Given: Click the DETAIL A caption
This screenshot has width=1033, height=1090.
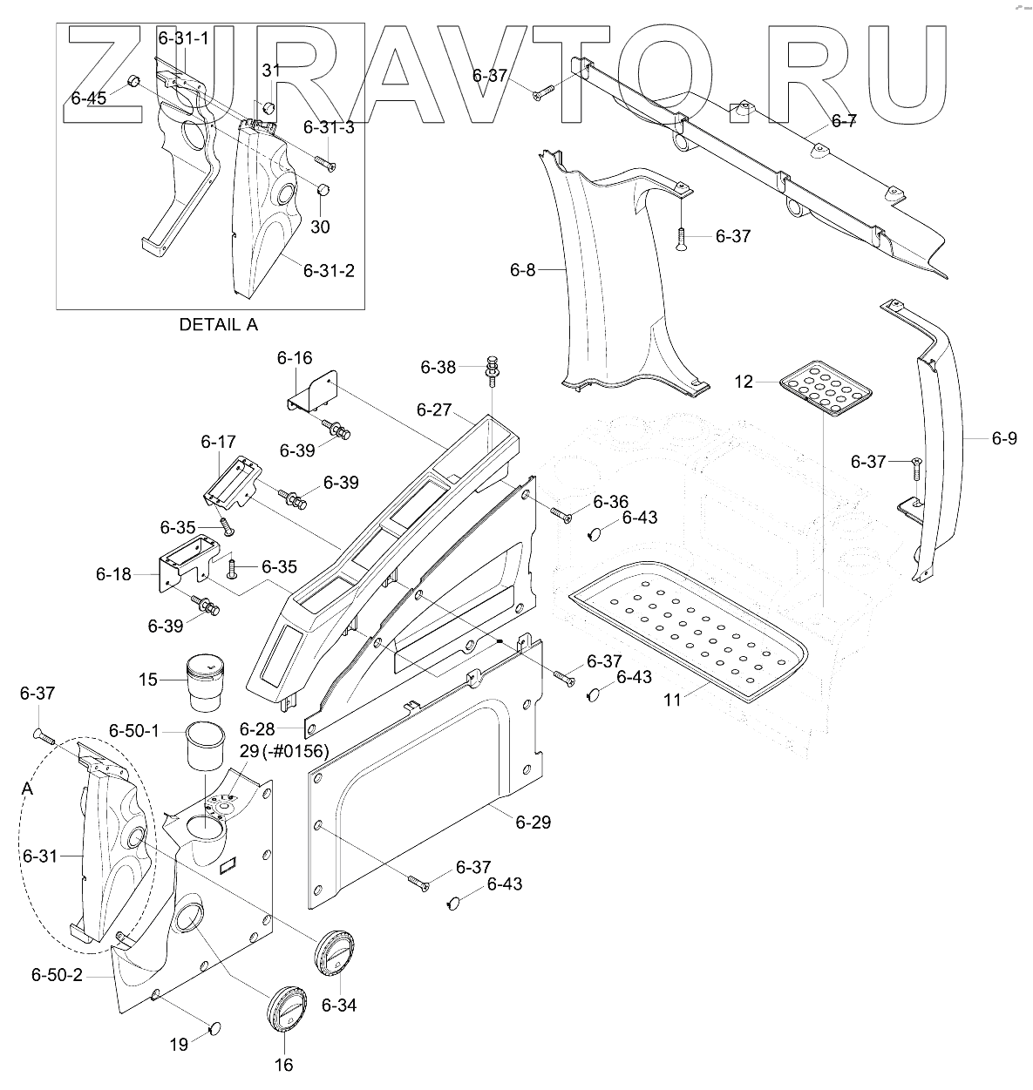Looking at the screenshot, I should tap(219, 324).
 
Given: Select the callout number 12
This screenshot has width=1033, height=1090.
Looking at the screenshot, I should tap(743, 382).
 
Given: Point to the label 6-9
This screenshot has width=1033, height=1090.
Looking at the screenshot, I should tap(1004, 439).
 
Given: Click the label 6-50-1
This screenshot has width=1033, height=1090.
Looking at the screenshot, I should tap(134, 729).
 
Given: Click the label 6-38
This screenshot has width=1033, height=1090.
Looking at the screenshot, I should tap(438, 368).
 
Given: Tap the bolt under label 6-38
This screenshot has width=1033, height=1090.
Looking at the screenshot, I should tap(492, 369).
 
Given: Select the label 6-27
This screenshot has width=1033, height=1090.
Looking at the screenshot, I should tap(434, 410).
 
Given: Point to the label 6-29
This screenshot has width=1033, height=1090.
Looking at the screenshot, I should tap(533, 822).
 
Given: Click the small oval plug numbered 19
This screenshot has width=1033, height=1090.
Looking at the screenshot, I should tap(214, 1031).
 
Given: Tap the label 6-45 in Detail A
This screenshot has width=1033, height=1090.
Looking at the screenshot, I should tap(89, 98).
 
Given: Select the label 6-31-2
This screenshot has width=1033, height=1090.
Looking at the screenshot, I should tap(329, 271).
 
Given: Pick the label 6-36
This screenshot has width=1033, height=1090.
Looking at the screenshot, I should tap(610, 502).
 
